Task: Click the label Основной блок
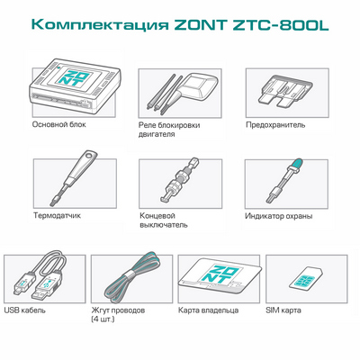(x=56, y=126)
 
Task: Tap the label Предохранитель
(x=275, y=126)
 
